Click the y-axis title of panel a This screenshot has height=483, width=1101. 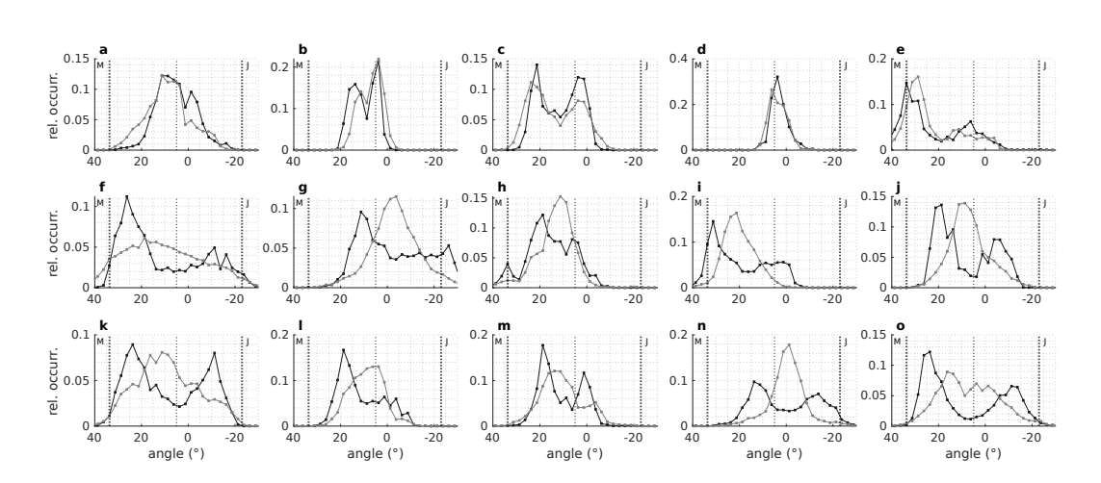[55, 105]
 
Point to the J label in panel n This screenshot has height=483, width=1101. [845, 341]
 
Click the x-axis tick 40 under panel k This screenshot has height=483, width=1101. [94, 439]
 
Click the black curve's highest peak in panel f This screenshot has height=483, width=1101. [126, 197]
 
